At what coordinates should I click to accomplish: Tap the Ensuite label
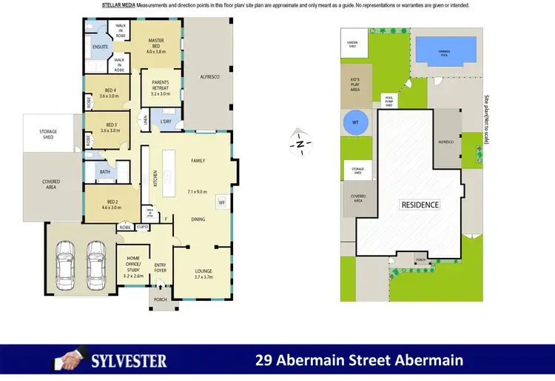click(x=101, y=47)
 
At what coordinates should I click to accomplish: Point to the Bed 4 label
click(x=109, y=92)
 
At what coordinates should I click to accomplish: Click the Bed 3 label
click(x=110, y=127)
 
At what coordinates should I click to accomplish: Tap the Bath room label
click(x=104, y=172)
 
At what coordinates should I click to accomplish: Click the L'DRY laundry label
click(x=166, y=122)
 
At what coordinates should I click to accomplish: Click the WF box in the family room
click(x=221, y=202)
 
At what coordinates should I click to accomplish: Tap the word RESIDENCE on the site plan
click(x=420, y=205)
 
